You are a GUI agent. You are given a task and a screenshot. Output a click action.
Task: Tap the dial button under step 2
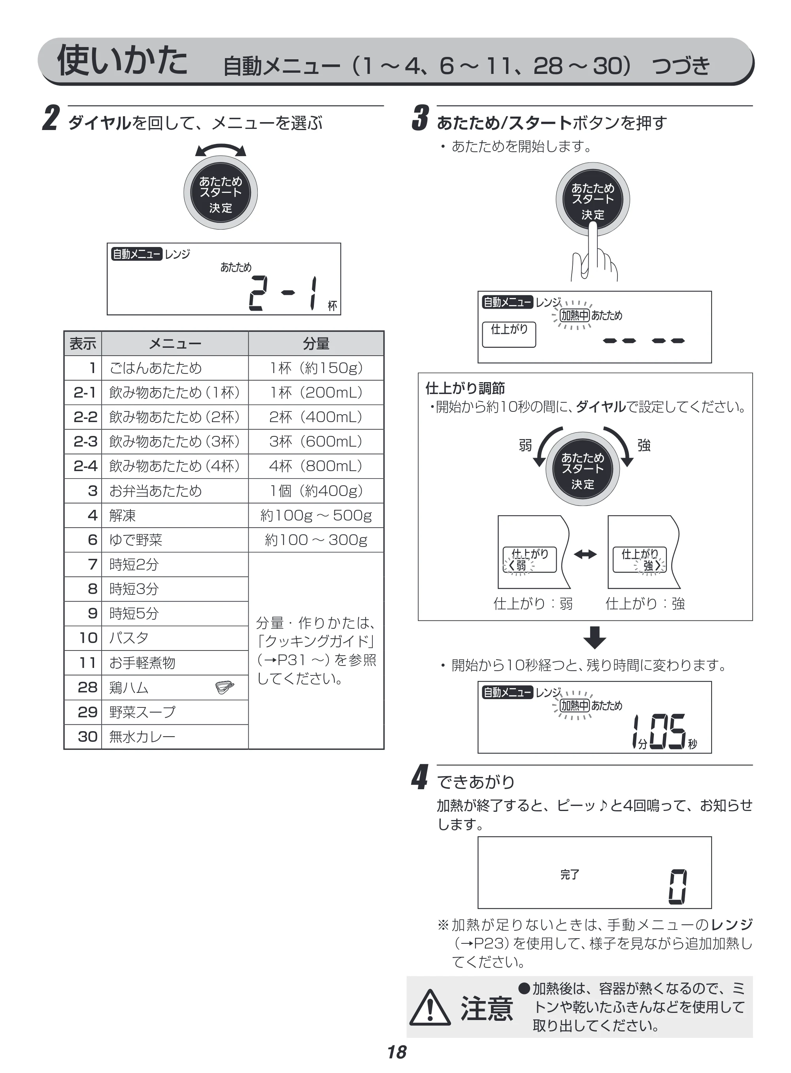coord(221,193)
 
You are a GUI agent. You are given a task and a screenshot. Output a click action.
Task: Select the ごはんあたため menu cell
coord(175,368)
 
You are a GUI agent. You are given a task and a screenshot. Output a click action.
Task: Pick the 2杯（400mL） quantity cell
coord(316,417)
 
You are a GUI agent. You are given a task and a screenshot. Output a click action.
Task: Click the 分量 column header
coord(316,343)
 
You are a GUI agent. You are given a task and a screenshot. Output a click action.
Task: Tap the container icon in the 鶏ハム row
coord(225,687)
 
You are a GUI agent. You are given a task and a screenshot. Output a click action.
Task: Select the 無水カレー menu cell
coord(175,737)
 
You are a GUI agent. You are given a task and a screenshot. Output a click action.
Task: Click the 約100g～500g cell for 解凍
coord(316,515)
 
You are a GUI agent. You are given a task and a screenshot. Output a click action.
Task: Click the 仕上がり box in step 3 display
coord(509,334)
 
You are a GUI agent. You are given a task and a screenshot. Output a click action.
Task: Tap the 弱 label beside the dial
coord(525,445)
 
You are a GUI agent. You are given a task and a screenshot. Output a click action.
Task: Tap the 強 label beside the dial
coord(644,445)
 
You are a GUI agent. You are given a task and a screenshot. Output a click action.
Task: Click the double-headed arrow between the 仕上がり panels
coord(585,554)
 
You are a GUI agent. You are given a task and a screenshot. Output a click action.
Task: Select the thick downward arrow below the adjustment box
coord(595,637)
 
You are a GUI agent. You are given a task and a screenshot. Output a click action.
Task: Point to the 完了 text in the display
coord(570,874)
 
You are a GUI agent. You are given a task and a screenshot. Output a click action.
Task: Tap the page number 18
coord(397,1052)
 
